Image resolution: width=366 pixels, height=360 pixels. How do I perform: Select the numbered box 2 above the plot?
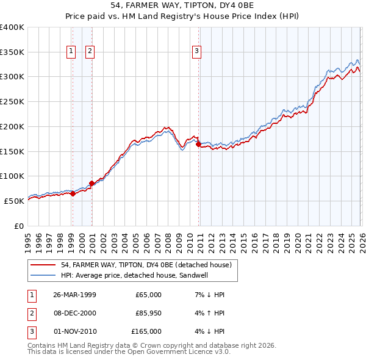pyautogui.click(x=90, y=52)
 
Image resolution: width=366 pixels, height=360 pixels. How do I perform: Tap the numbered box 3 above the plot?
pyautogui.click(x=197, y=52)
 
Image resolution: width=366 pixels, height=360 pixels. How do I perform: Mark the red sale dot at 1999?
pyautogui.click(x=73, y=193)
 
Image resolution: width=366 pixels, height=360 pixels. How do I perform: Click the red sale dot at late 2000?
pyautogui.click(x=91, y=183)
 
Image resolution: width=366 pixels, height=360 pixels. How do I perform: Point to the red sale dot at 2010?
pyautogui.click(x=198, y=144)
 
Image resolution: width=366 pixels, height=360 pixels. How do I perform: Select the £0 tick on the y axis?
pyautogui.click(x=18, y=225)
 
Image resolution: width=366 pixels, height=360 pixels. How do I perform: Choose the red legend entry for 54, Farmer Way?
pyautogui.click(x=146, y=265)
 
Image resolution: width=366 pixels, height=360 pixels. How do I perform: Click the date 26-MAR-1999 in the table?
pyautogui.click(x=74, y=295)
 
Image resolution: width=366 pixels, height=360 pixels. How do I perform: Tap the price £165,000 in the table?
pyautogui.click(x=146, y=331)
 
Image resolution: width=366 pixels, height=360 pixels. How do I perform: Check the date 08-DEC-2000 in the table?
pyautogui.click(x=74, y=313)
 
